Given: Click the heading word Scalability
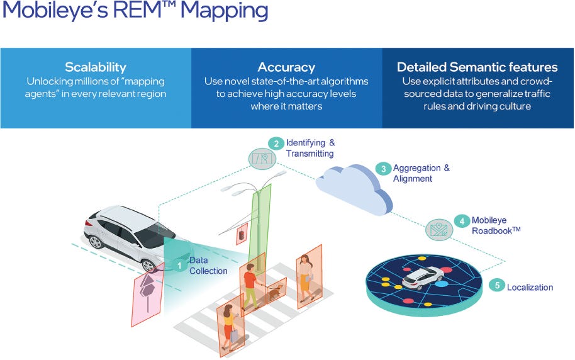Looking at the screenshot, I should pyautogui.click(x=96, y=67).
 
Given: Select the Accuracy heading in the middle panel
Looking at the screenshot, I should pyautogui.click(x=286, y=67).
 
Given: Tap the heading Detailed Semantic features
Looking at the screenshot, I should pyautogui.click(x=477, y=67).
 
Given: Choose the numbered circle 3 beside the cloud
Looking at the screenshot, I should pyautogui.click(x=383, y=168).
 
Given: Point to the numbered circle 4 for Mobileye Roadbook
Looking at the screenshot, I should pyautogui.click(x=462, y=221).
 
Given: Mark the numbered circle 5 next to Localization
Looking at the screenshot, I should pyautogui.click(x=497, y=286).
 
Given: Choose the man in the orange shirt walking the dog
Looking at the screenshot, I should pyautogui.click(x=250, y=283).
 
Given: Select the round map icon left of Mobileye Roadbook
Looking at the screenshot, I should pyautogui.click(x=438, y=229).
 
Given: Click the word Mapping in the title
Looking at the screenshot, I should pyautogui.click(x=221, y=11).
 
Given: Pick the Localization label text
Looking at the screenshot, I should pyautogui.click(x=530, y=287).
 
